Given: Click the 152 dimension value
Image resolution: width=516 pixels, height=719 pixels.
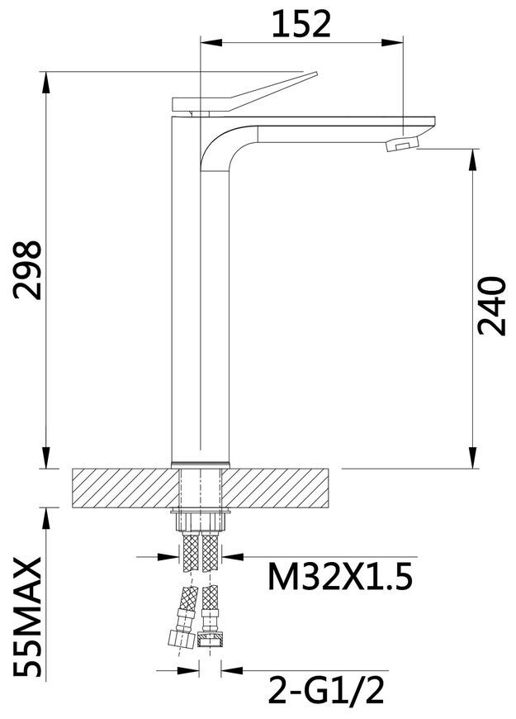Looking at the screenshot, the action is pos(301,24).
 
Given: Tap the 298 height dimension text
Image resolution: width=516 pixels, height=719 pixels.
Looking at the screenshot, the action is pos(27,270).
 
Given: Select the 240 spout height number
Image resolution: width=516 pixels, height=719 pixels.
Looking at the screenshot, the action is pos(492,306).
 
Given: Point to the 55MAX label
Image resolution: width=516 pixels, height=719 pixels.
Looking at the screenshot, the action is pos(27,617).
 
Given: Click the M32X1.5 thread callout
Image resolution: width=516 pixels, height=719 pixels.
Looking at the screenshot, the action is pos(340,576).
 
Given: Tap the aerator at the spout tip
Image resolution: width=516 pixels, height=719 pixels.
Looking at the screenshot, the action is pos(402,144).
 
